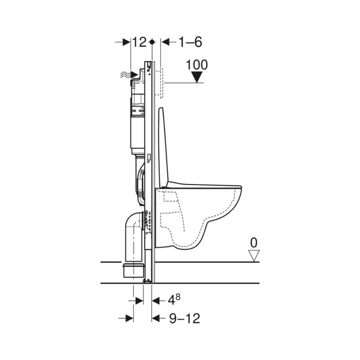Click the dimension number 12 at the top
(x=139, y=42)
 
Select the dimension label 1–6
(x=190, y=42)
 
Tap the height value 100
(x=197, y=65)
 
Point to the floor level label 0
(x=254, y=243)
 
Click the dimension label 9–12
(x=184, y=319)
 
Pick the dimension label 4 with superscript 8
(x=174, y=300)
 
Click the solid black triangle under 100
(x=197, y=77)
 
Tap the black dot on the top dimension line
(x=152, y=42)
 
